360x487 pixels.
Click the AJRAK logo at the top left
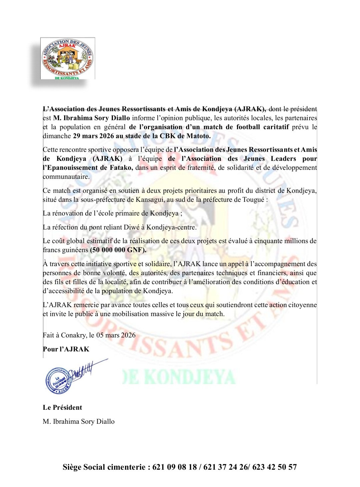click(x=68, y=58)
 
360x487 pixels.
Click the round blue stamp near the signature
click(x=59, y=380)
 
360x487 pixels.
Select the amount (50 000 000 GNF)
click(x=118, y=250)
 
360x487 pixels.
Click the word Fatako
click(x=121, y=168)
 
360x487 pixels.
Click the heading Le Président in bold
click(x=62, y=407)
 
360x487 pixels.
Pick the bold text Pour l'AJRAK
click(x=66, y=349)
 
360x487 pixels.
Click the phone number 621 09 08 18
click(x=175, y=467)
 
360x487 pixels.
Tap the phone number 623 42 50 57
click(x=274, y=467)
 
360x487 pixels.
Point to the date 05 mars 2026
click(x=116, y=335)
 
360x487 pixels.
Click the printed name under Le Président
click(x=79, y=421)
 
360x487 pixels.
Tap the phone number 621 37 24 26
click(x=225, y=467)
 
